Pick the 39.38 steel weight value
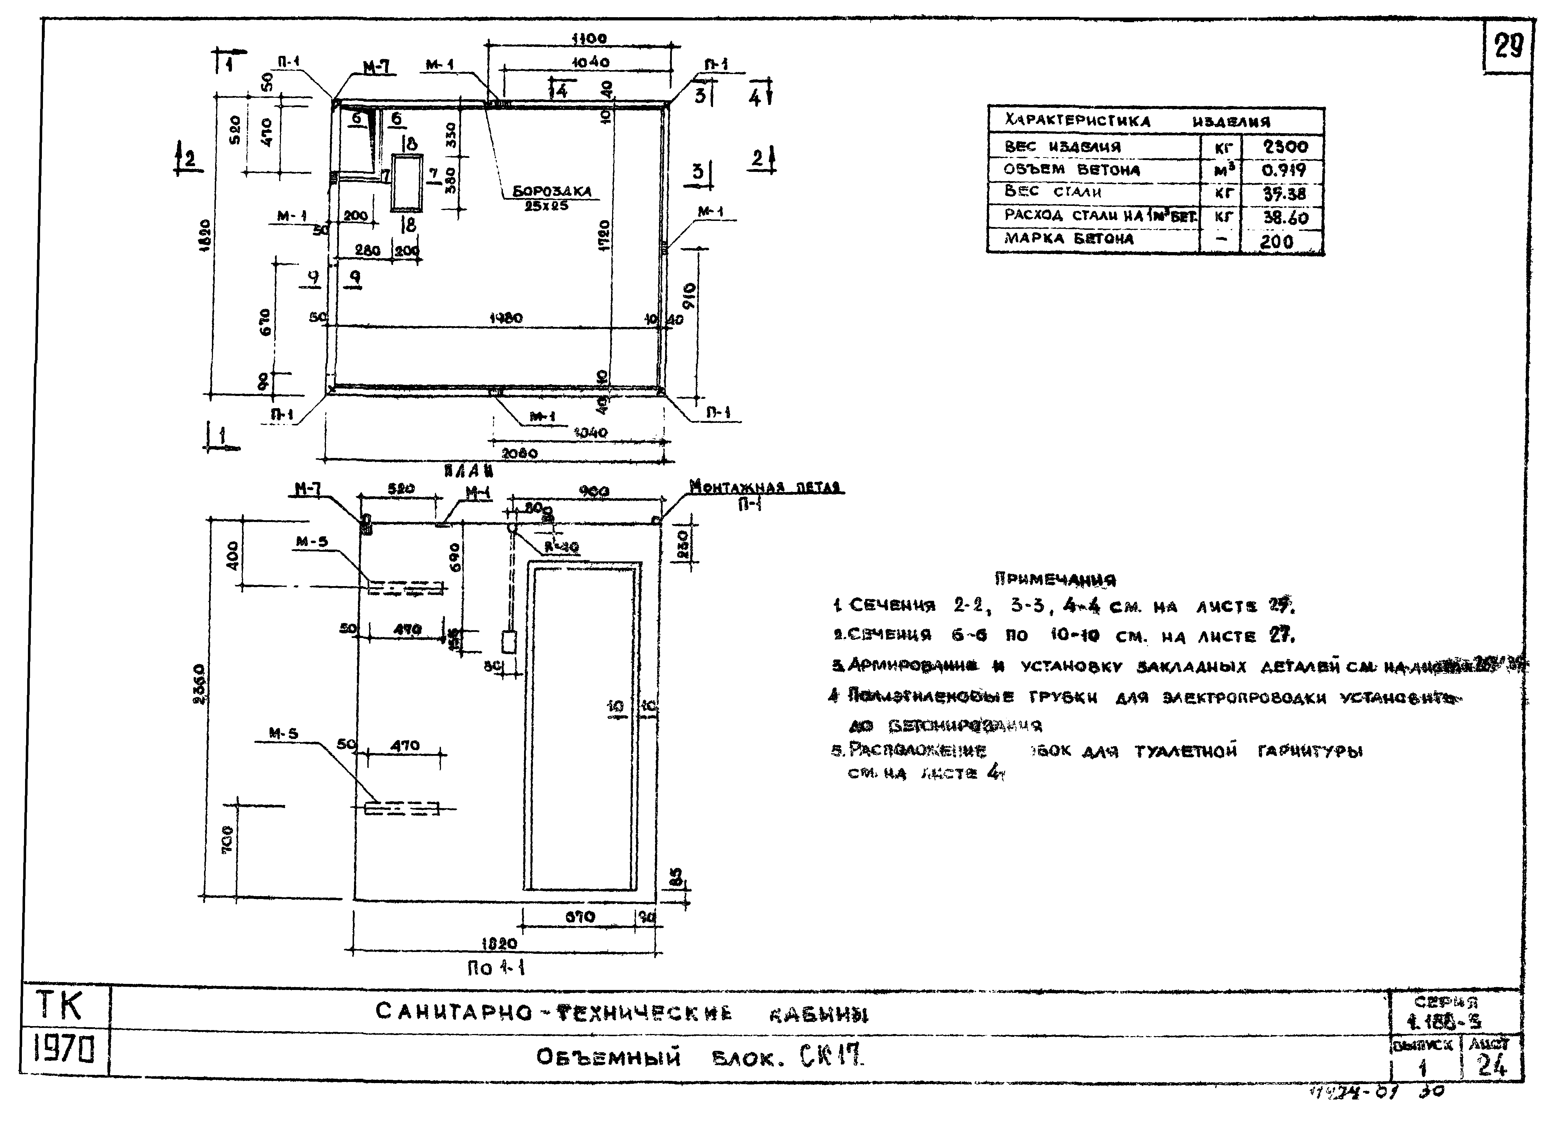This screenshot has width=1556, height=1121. pyautogui.click(x=1284, y=194)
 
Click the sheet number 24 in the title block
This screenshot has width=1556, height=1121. pyautogui.click(x=1492, y=1066)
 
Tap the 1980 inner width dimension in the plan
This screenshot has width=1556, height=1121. pyautogui.click(x=506, y=318)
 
